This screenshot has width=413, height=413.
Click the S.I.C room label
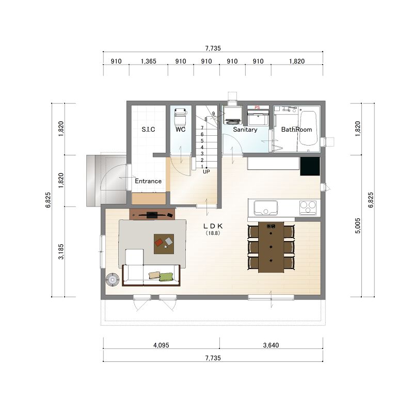point(148,130)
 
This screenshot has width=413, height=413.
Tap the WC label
point(180,130)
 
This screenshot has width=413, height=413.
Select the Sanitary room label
point(245,130)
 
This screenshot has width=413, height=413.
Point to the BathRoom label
point(296,130)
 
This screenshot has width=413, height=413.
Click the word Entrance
point(148,181)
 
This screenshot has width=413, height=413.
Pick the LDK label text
point(213,226)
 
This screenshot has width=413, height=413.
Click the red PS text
point(257,107)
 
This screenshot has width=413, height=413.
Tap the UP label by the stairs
point(206,172)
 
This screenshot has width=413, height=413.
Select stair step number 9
point(213,114)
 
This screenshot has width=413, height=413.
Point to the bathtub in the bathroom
point(308,128)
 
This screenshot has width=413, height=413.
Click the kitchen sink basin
point(266,208)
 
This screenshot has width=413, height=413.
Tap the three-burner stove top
point(308,208)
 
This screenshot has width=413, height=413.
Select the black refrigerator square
point(310,166)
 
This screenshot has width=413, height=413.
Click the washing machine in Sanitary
point(233,115)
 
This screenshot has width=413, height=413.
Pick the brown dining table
point(271,247)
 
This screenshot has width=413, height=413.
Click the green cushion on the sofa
point(166,277)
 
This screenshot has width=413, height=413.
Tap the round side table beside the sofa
point(113,279)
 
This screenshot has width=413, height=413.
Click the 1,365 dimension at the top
point(149,61)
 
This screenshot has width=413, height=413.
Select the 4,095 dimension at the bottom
point(161,345)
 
